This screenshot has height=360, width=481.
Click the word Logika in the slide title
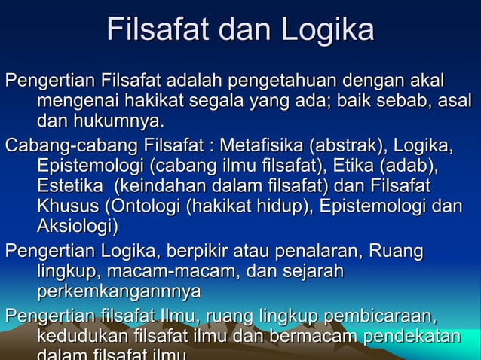coord(328,31)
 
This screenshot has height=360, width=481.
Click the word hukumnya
coord(111,121)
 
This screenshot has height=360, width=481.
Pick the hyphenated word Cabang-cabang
coord(65,145)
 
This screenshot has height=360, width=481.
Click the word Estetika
coord(68,186)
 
